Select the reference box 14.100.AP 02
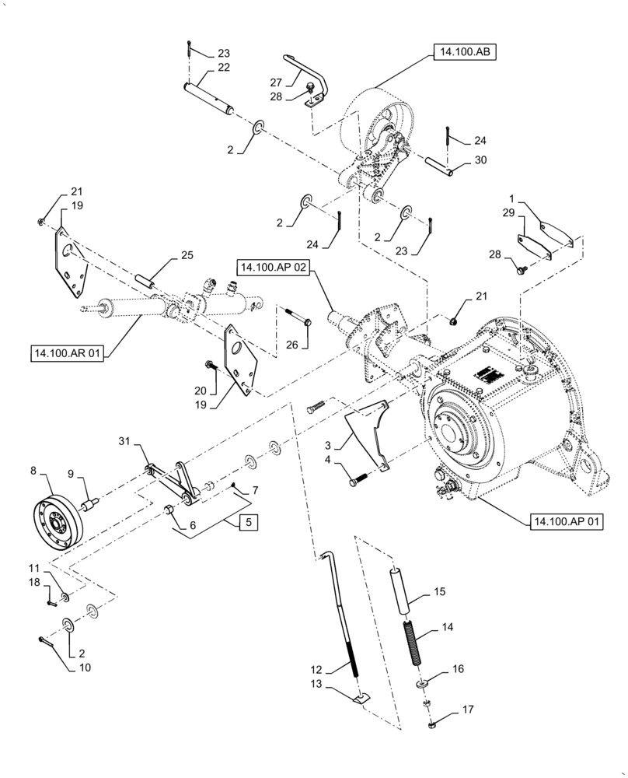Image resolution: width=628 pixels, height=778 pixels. [274, 268]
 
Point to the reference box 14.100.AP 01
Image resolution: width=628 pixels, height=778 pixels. [567, 521]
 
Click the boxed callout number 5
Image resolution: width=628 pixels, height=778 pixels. [247, 522]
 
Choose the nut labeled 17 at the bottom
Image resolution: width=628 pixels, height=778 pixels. [433, 726]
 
